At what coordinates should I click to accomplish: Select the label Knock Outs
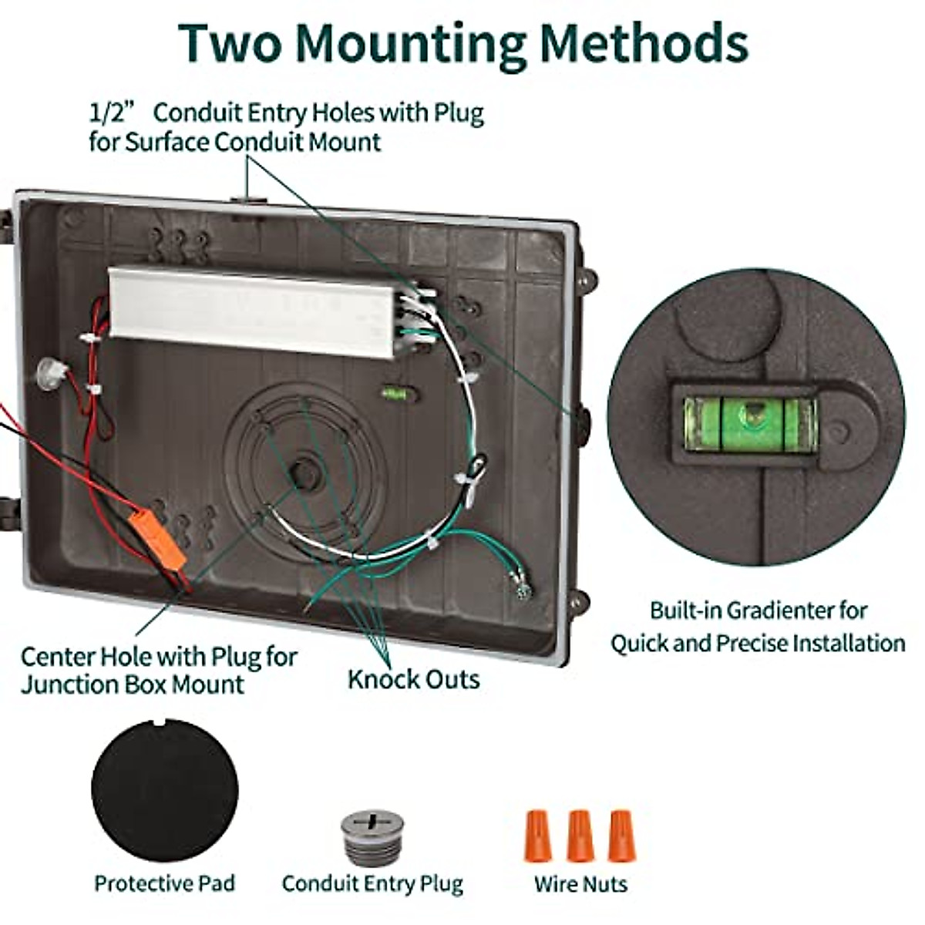pyautogui.click(x=414, y=680)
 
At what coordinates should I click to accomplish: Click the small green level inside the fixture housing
pyautogui.click(x=394, y=393)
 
